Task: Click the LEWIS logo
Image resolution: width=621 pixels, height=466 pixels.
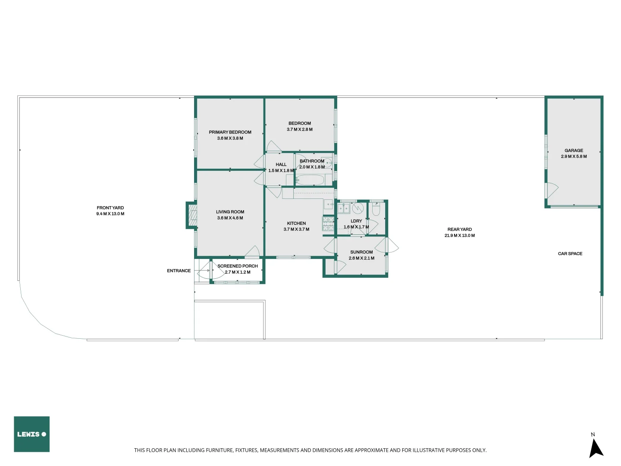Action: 31,434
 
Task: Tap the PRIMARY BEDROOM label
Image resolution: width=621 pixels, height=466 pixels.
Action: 230,132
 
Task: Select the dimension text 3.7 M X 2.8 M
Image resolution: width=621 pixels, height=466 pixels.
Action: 300,129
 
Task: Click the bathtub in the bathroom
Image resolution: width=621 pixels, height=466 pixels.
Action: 310,180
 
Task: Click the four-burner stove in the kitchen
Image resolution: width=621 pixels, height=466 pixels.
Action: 328,224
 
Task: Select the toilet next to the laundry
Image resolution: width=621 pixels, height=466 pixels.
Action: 376,210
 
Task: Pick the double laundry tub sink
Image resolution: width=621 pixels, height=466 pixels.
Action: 343,209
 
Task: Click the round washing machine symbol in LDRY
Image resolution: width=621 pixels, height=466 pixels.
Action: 358,208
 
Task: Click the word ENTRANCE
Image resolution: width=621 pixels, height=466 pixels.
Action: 179,271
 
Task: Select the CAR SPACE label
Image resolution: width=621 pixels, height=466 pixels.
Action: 570,254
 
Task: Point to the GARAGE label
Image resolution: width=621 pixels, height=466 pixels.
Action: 574,151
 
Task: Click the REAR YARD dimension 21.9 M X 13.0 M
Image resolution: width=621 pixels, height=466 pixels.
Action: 459,236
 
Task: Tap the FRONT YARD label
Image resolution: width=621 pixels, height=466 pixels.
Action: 110,208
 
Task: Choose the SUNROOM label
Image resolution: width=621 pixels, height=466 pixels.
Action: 361,252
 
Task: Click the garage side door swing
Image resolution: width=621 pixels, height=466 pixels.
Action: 552,190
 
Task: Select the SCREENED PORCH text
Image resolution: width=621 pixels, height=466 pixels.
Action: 238,266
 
